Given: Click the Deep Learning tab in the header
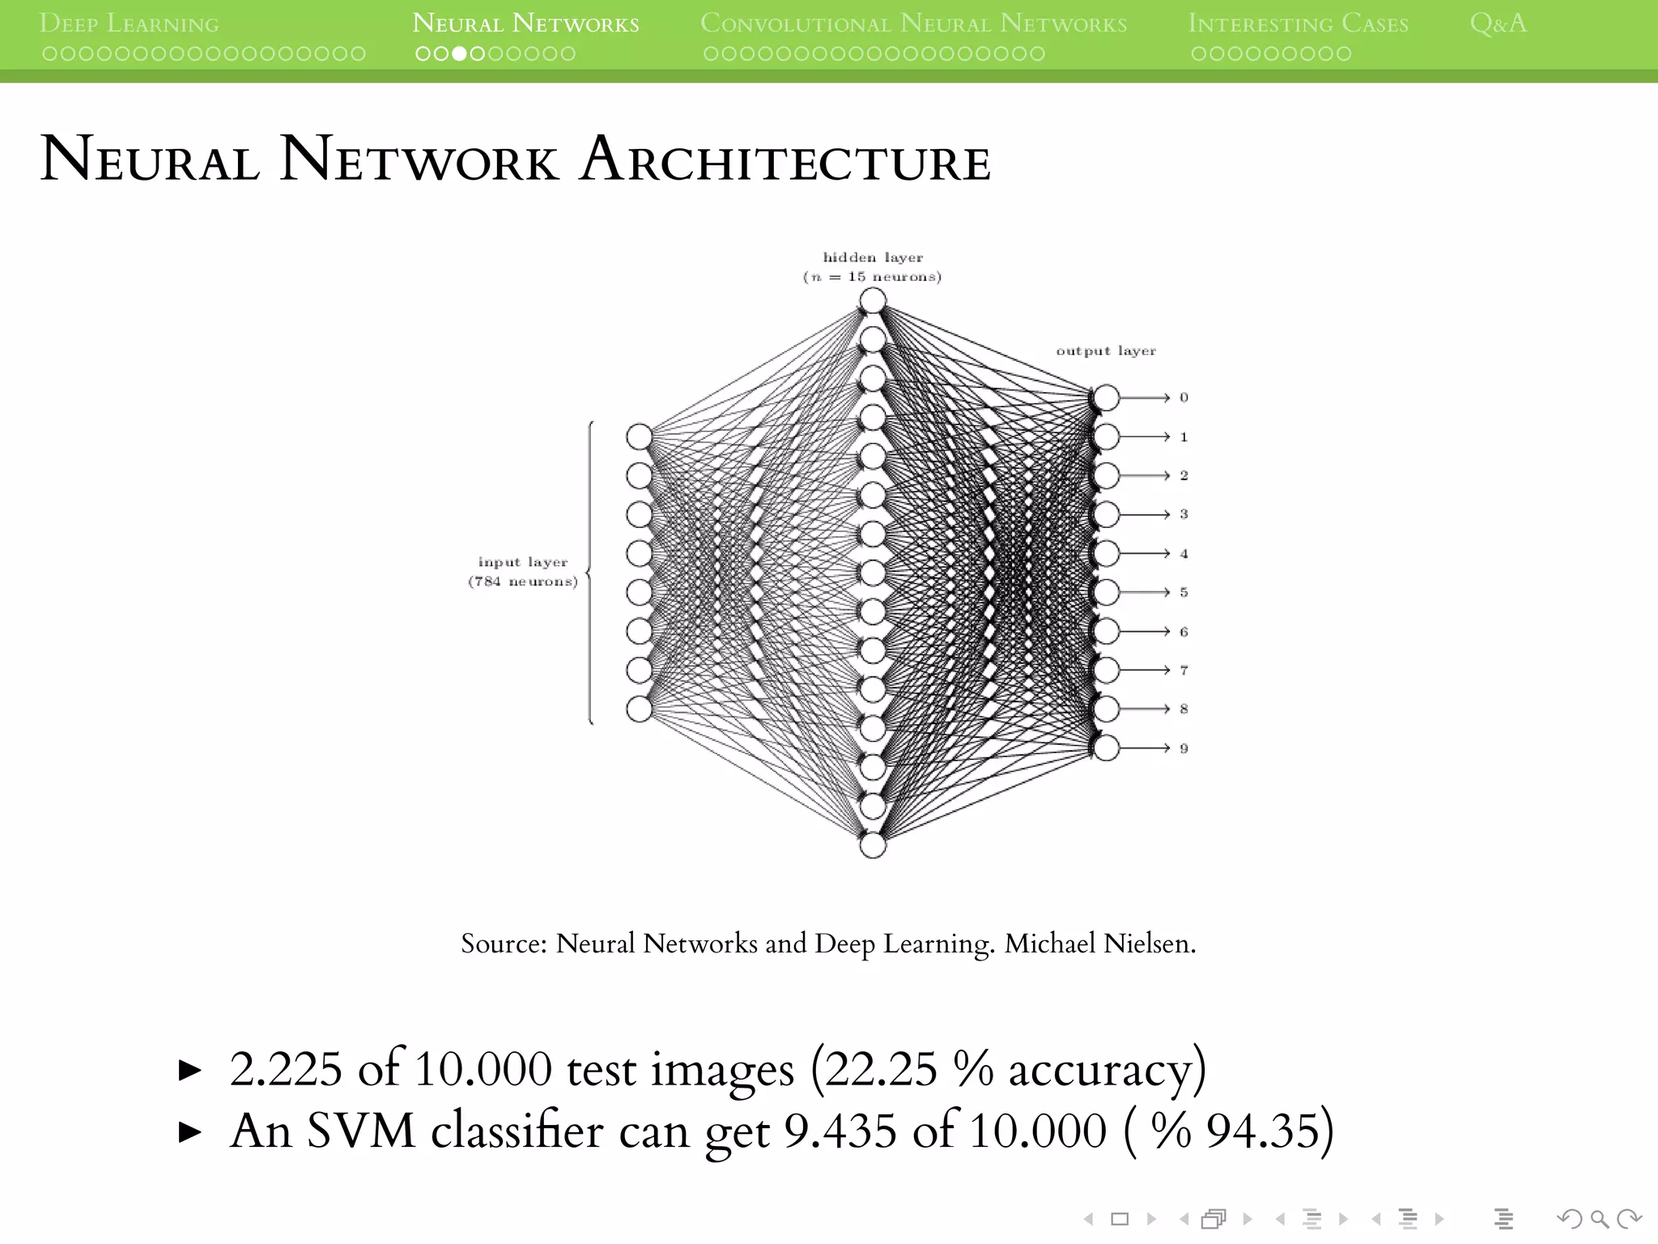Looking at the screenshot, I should [x=130, y=23].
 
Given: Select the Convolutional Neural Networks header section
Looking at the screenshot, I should [x=913, y=23].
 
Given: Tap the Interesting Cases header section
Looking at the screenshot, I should [x=1298, y=23].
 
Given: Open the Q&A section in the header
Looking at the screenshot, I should [x=1498, y=23].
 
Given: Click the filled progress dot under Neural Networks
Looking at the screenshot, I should [x=459, y=54].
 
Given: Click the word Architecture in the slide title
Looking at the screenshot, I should [x=785, y=160].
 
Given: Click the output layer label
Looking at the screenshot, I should [x=1106, y=351].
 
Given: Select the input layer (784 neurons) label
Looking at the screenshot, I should [x=523, y=572].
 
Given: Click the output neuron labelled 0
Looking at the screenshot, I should [x=1106, y=398].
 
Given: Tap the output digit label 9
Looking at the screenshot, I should [x=1184, y=748].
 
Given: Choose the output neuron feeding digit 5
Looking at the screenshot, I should [x=1106, y=592].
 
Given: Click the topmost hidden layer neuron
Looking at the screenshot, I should [x=873, y=301].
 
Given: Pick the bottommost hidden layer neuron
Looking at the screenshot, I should [x=873, y=846].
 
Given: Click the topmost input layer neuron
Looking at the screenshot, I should [x=639, y=437].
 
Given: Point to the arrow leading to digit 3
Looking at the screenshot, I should [x=1145, y=514].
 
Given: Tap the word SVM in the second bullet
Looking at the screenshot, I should [x=361, y=1131].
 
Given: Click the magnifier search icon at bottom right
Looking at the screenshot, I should [x=1599, y=1218].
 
